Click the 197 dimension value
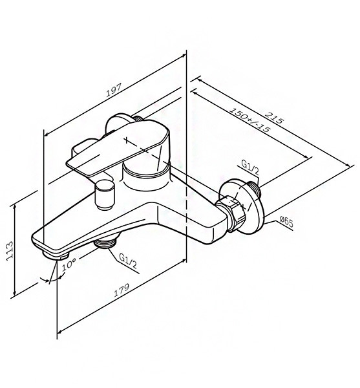[114, 90]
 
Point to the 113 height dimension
[10, 250]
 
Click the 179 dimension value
[122, 290]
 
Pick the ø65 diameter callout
[286, 221]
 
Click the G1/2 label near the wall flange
[250, 168]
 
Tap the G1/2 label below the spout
[128, 261]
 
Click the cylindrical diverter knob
[105, 195]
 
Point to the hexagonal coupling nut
[231, 213]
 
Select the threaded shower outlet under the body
[105, 242]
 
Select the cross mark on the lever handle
[127, 140]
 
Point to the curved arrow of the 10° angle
[51, 279]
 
